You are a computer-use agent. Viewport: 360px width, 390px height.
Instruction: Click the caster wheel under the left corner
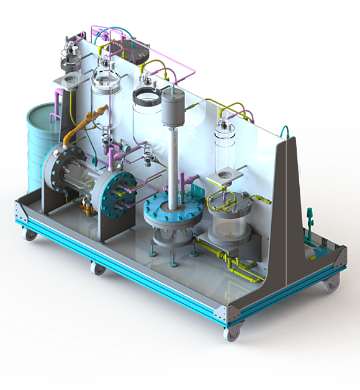coord(27,234)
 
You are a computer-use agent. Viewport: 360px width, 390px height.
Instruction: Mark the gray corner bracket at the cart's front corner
coord(233,313)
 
